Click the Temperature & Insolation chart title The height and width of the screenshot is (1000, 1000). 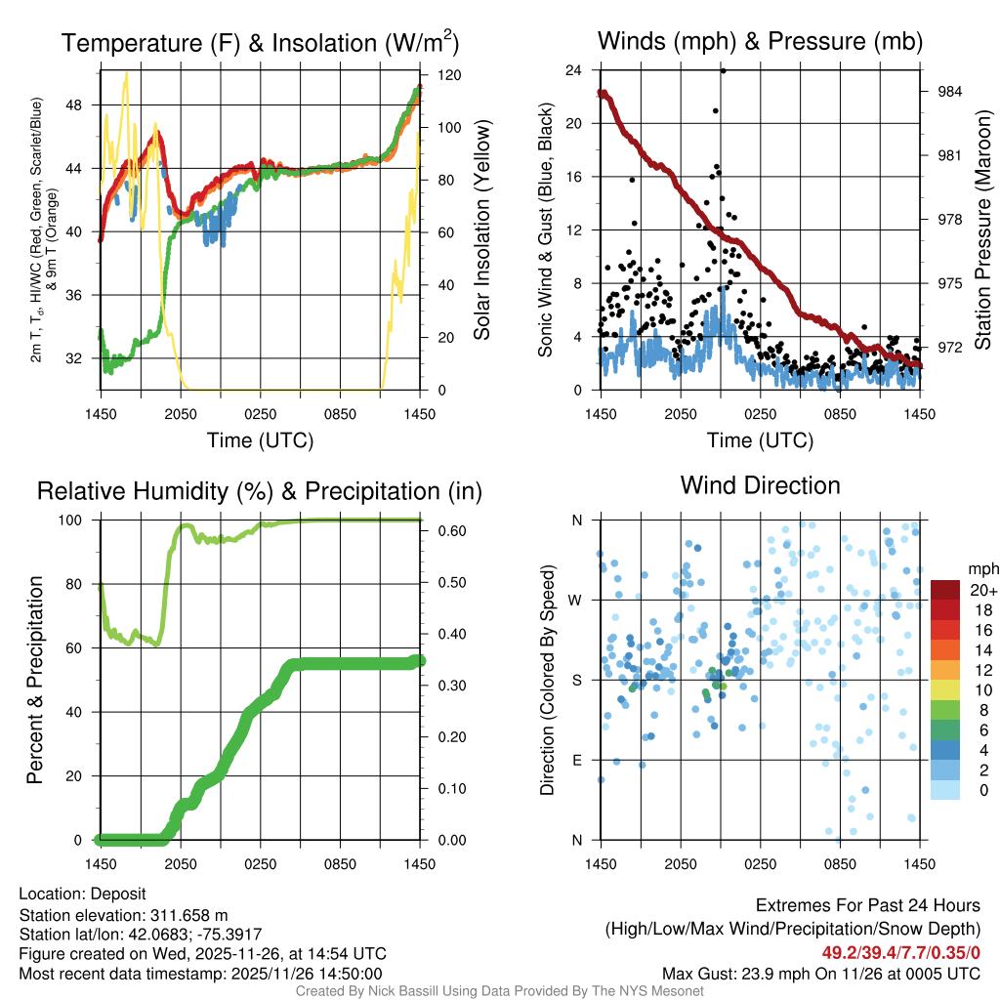pos(260,42)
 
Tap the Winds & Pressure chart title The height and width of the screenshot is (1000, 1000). pos(760,42)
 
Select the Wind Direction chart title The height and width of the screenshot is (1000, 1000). pos(760,485)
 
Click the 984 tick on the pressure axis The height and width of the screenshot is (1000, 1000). pos(950,92)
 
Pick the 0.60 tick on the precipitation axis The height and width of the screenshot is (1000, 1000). pos(451,532)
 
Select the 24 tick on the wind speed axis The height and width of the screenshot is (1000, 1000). pos(574,70)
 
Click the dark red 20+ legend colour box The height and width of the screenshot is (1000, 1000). pos(945,590)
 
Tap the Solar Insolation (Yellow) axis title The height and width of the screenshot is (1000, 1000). pos(481,229)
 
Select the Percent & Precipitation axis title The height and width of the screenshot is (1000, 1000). pos(35,680)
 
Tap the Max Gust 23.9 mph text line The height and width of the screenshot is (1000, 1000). pos(821,973)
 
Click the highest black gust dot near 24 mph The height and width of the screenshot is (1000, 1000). pos(723,70)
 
